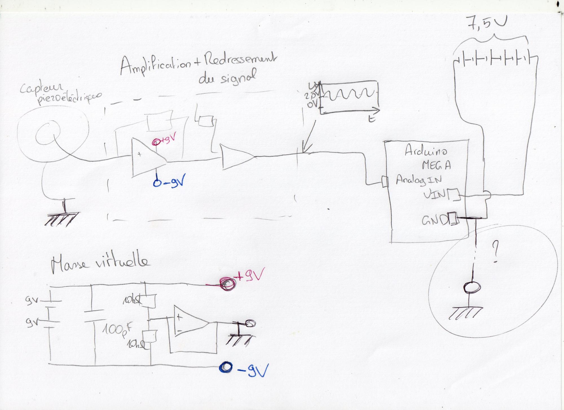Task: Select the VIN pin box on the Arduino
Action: point(454,195)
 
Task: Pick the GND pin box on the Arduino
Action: point(453,219)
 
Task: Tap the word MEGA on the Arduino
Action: point(436,165)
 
